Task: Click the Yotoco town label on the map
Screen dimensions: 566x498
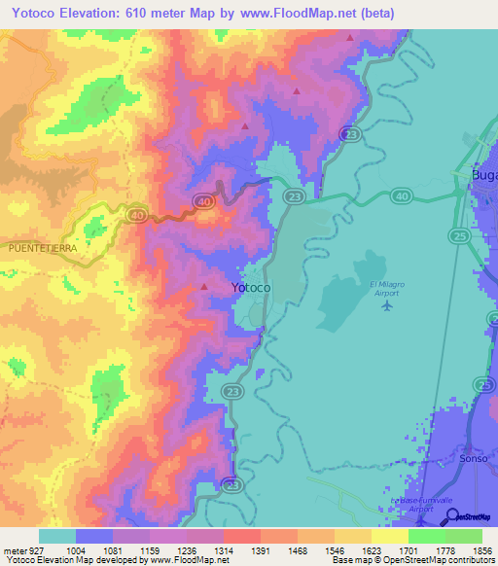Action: [251, 289]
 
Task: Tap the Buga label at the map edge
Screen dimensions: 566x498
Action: [483, 174]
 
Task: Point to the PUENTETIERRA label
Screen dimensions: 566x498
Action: [42, 248]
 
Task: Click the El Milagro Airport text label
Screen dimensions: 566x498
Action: [387, 288]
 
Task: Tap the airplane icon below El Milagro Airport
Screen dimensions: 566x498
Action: [387, 306]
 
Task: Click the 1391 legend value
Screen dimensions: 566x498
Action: [261, 548]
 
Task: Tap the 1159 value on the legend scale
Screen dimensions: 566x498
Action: [150, 548]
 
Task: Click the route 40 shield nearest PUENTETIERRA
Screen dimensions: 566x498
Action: [136, 214]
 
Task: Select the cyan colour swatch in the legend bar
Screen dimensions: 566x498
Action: [57, 536]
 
